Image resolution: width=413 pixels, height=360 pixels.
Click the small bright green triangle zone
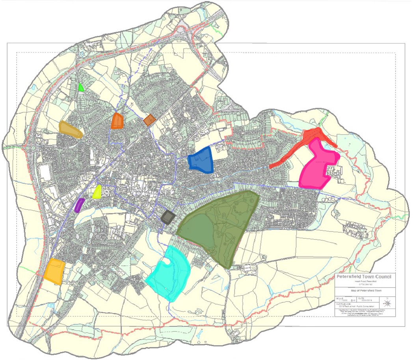click(x=81, y=88)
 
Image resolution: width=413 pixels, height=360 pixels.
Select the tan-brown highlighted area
click(x=70, y=129)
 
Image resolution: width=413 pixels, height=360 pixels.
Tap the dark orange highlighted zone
click(x=117, y=121)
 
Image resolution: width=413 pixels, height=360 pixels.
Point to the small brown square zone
click(x=149, y=120)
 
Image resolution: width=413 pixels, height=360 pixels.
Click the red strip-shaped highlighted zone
click(x=303, y=146)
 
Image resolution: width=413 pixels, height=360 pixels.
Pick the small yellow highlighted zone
click(x=97, y=192)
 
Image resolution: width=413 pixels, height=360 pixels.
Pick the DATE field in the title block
click(x=365, y=299)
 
